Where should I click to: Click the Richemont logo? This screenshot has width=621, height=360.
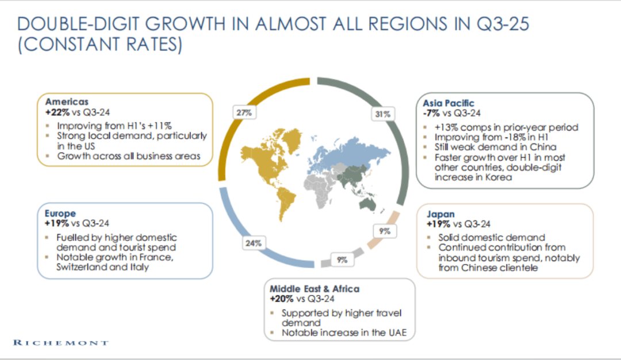pyautogui.click(x=60, y=343)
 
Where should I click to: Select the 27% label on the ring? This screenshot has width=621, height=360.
pyautogui.click(x=244, y=113)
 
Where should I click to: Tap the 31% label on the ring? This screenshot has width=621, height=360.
pyautogui.click(x=383, y=114)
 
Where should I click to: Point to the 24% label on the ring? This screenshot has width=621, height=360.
pyautogui.click(x=254, y=243)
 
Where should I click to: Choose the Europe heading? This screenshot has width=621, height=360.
pyautogui.click(x=59, y=213)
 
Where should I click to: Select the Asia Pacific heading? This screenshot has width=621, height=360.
pyautogui.click(x=448, y=103)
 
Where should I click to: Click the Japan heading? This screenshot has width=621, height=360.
pyautogui.click(x=441, y=214)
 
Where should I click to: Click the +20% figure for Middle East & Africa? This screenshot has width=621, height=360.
pyautogui.click(x=281, y=298)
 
